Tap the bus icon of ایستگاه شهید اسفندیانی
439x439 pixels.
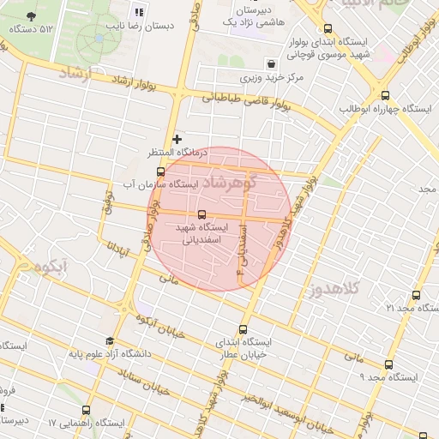point(202,214)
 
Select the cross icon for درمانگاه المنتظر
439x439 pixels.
point(177,138)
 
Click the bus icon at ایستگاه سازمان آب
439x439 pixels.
point(148,171)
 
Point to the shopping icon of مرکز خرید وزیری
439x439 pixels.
point(272,64)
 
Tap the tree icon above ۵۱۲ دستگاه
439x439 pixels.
point(33,16)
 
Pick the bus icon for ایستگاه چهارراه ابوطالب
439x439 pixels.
point(385,96)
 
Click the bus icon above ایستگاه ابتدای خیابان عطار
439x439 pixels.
point(243,329)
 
